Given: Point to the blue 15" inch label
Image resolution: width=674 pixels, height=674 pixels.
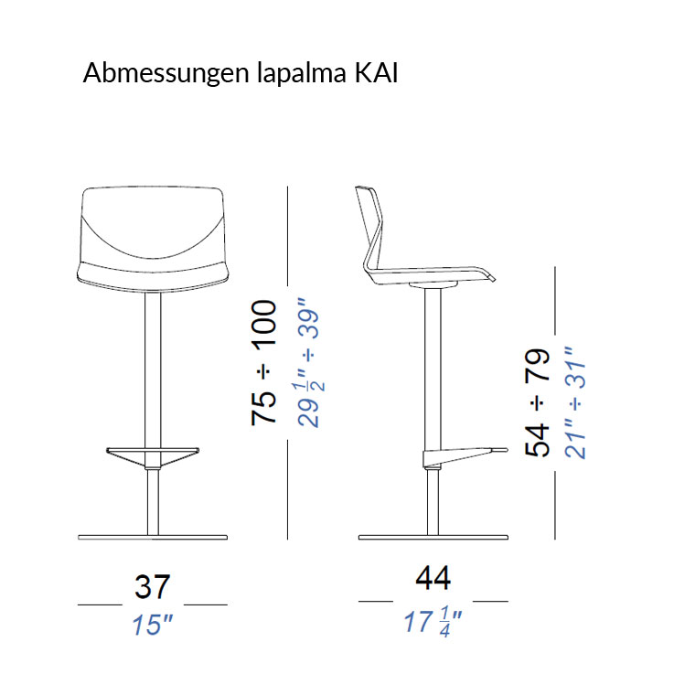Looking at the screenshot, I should click(153, 626).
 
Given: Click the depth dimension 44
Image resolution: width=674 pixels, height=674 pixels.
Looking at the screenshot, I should click(433, 579).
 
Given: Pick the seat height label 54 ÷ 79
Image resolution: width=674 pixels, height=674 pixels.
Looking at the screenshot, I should click(538, 402).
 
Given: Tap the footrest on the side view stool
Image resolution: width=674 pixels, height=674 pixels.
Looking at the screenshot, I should click(462, 452).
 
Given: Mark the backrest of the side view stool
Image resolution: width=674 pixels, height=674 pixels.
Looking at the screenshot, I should click(371, 219).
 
